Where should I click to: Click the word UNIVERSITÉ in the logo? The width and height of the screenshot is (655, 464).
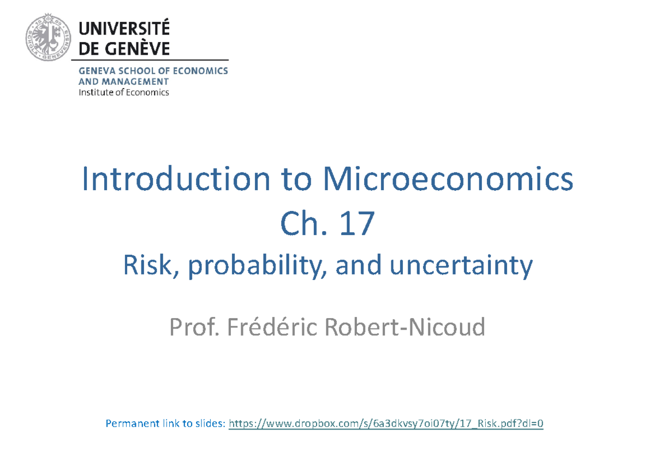125,27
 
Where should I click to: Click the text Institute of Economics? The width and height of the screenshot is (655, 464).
124,92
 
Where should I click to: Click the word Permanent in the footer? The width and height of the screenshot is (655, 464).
132,424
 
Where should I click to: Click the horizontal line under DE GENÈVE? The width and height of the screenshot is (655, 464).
153,60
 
